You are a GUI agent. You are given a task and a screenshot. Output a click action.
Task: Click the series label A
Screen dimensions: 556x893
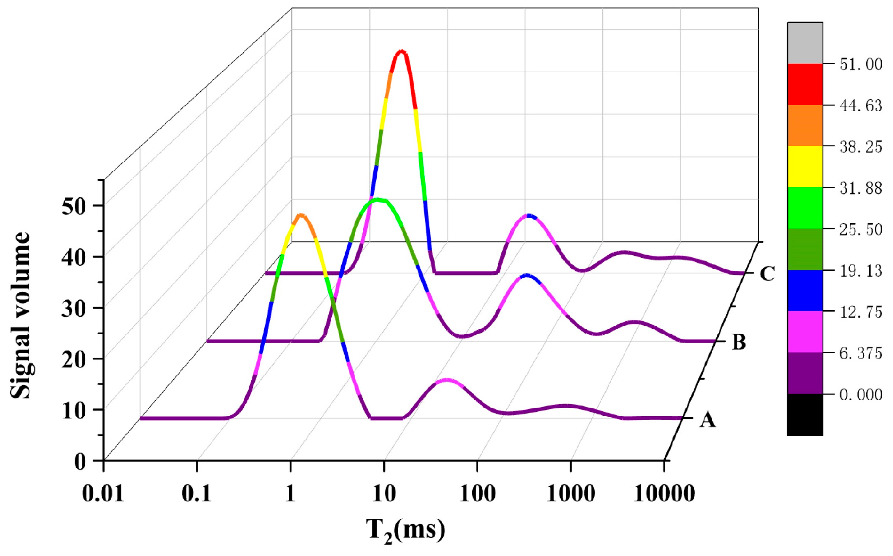coord(707,419)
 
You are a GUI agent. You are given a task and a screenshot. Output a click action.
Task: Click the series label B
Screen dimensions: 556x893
coord(739,342)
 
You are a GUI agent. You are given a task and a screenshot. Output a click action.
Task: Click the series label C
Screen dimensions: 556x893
coord(767,273)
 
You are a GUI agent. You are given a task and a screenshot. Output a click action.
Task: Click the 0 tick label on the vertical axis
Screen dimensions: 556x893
coord(80,461)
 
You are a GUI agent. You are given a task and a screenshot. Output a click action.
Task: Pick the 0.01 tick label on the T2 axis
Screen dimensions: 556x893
coord(103,493)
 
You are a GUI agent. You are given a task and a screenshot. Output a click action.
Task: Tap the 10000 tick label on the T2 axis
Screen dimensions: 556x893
coord(664,493)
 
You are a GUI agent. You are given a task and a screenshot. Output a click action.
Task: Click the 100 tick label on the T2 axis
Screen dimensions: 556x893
coord(477,493)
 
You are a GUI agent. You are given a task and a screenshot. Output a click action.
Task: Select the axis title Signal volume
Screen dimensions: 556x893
coord(20,315)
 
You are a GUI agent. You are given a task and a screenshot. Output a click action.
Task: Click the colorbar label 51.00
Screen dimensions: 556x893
coord(861,64)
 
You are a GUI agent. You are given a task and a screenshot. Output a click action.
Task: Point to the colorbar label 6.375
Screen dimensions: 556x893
coord(861,353)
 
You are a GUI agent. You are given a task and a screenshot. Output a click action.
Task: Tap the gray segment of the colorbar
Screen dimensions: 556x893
coord(805,43)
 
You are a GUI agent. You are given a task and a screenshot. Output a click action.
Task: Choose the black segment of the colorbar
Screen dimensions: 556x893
coord(805,415)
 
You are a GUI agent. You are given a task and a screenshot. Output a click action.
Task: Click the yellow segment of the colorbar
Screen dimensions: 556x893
coord(805,166)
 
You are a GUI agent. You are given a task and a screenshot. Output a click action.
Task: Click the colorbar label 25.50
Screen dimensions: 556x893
coord(861,229)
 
